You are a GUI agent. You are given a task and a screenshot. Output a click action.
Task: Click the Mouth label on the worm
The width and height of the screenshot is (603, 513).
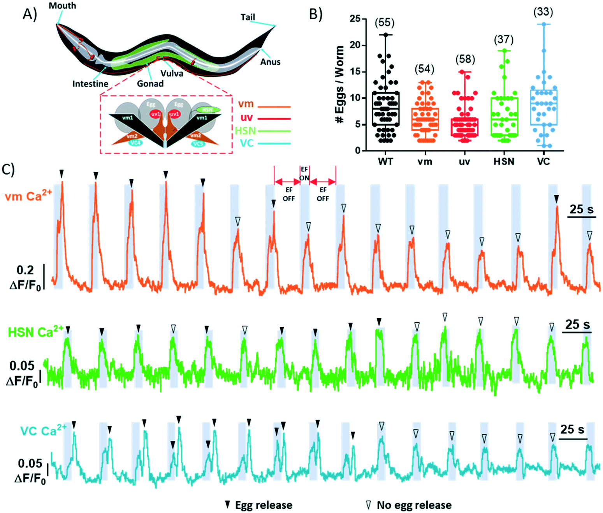tap(62, 6)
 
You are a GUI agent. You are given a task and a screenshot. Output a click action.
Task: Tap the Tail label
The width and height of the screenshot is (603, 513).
tap(248, 17)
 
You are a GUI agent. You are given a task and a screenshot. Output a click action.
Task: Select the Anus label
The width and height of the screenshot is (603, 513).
tap(270, 62)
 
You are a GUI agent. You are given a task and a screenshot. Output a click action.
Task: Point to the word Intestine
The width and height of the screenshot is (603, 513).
tap(90, 84)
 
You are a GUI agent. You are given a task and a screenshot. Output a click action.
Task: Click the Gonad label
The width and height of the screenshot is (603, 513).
tap(150, 84)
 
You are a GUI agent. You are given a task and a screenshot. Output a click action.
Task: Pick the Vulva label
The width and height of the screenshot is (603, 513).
tap(172, 73)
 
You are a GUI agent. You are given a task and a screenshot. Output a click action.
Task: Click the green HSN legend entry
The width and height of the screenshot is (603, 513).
tap(245, 131)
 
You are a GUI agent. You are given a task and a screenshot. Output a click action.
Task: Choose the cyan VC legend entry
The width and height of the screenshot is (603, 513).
tap(247, 143)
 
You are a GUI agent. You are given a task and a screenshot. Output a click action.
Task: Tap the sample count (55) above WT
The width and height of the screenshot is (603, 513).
tap(384, 23)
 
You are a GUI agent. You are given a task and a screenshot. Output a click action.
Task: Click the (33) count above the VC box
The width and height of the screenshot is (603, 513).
tap(543, 12)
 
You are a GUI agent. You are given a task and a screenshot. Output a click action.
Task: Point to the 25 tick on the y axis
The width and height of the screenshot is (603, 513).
tap(355, 19)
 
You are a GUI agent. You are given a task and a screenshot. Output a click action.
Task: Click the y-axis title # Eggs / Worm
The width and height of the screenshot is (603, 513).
tap(339, 84)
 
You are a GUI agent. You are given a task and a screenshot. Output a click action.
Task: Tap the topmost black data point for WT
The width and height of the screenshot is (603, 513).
tap(386, 35)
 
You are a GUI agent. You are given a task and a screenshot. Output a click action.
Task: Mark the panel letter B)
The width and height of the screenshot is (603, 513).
tap(315, 14)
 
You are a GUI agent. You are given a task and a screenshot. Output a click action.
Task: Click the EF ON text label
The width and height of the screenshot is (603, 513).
tap(304, 174)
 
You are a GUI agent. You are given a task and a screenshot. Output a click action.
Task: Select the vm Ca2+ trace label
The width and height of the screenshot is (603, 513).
tap(28, 195)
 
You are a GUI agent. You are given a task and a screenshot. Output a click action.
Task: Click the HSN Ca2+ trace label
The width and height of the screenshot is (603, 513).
tap(35, 332)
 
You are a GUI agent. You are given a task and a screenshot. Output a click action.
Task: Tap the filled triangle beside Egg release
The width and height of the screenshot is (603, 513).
tap(228, 505)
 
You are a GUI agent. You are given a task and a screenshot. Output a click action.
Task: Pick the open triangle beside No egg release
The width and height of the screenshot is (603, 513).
tap(368, 505)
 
